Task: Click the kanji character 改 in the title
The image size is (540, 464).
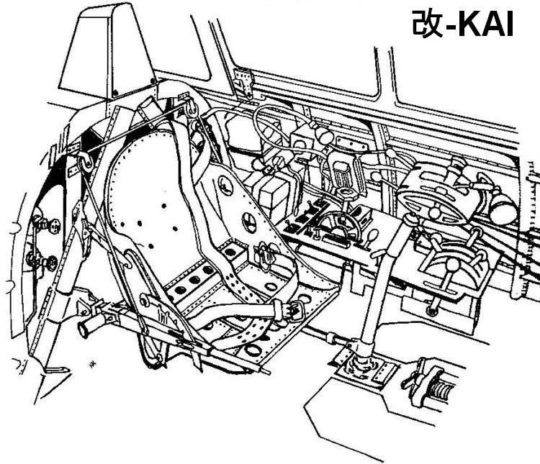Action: coord(427,24)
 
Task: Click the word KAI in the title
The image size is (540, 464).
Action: coord(485,24)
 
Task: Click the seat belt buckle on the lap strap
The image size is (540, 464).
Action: coord(295,310)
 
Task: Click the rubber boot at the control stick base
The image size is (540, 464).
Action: coord(361,365)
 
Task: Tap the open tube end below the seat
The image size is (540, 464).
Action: coord(84,329)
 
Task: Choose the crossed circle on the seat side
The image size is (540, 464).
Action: coord(249,221)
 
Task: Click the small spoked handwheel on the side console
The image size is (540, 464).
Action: coord(339,224)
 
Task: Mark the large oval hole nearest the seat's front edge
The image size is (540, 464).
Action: coord(253,351)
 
